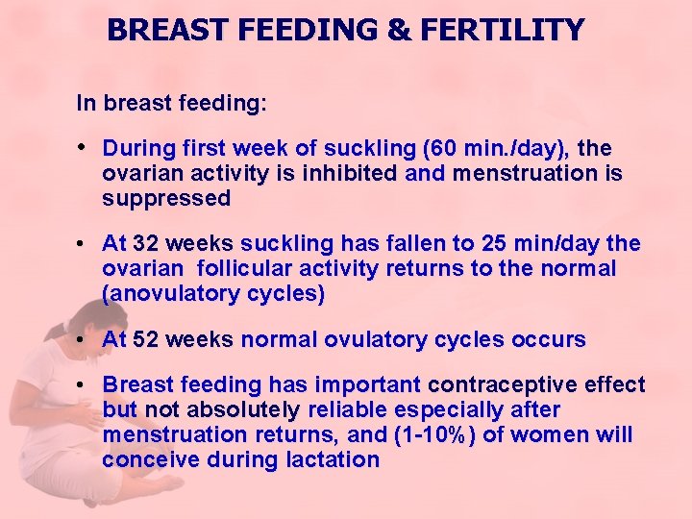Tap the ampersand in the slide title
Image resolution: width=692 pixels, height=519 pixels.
397,30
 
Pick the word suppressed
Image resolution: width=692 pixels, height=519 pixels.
166,199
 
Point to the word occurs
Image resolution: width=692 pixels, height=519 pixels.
550,339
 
